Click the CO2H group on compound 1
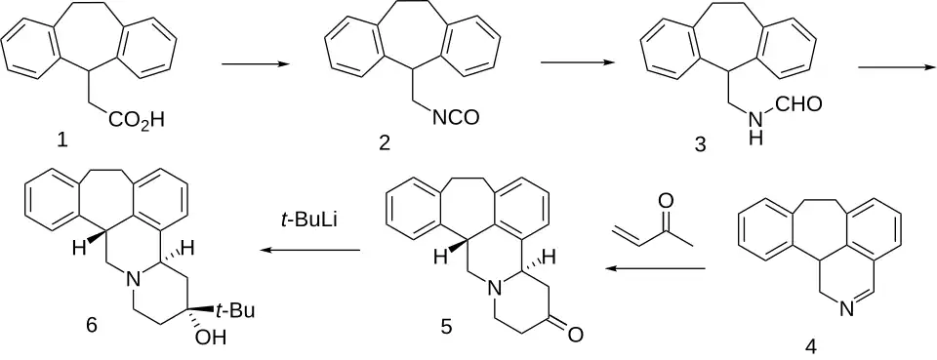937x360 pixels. (x=137, y=121)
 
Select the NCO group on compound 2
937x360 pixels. (x=456, y=118)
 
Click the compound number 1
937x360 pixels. (x=62, y=141)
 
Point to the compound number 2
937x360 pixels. (x=385, y=143)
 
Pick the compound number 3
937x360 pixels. (x=701, y=144)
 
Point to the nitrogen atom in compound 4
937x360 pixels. (x=845, y=310)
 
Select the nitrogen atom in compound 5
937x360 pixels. (x=493, y=291)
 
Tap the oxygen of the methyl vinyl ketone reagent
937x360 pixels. (x=667, y=201)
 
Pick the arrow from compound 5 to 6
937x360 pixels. (x=310, y=251)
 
